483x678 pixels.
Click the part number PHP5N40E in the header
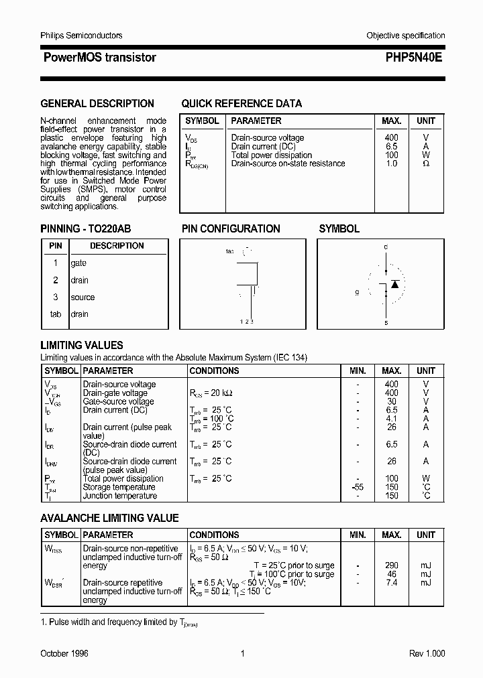click(413, 58)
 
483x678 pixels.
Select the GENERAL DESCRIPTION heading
click(97, 104)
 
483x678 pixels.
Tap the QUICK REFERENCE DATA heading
click(241, 104)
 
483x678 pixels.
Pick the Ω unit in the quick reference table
click(425, 163)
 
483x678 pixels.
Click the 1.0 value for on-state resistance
click(392, 163)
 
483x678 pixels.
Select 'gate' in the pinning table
click(78, 263)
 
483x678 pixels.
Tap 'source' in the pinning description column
click(83, 297)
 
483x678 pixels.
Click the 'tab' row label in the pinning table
click(56, 314)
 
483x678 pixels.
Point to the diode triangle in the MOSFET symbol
click(395, 284)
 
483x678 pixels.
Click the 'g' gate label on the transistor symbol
click(358, 293)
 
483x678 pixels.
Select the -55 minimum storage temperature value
click(358, 487)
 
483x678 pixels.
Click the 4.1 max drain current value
click(392, 419)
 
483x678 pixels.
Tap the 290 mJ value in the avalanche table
click(392, 565)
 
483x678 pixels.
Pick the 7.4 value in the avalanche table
click(392, 583)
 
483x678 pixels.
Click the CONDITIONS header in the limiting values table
click(214, 370)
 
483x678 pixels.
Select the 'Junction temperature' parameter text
click(119, 496)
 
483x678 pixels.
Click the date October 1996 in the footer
click(64, 653)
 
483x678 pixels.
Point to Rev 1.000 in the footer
click(427, 653)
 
